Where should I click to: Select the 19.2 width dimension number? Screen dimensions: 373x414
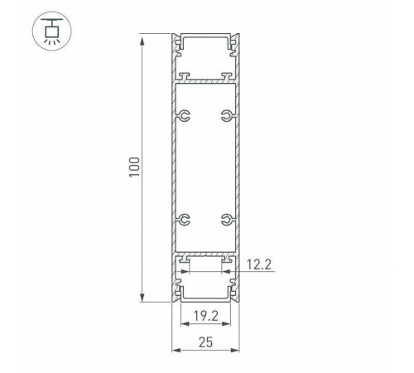click(205, 315)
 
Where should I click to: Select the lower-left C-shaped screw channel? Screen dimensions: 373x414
click(185, 220)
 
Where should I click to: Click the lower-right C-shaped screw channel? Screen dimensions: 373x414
click(224, 220)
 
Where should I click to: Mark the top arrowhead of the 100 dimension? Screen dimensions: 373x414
click(144, 38)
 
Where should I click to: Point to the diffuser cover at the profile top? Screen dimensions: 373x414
click(205, 38)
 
